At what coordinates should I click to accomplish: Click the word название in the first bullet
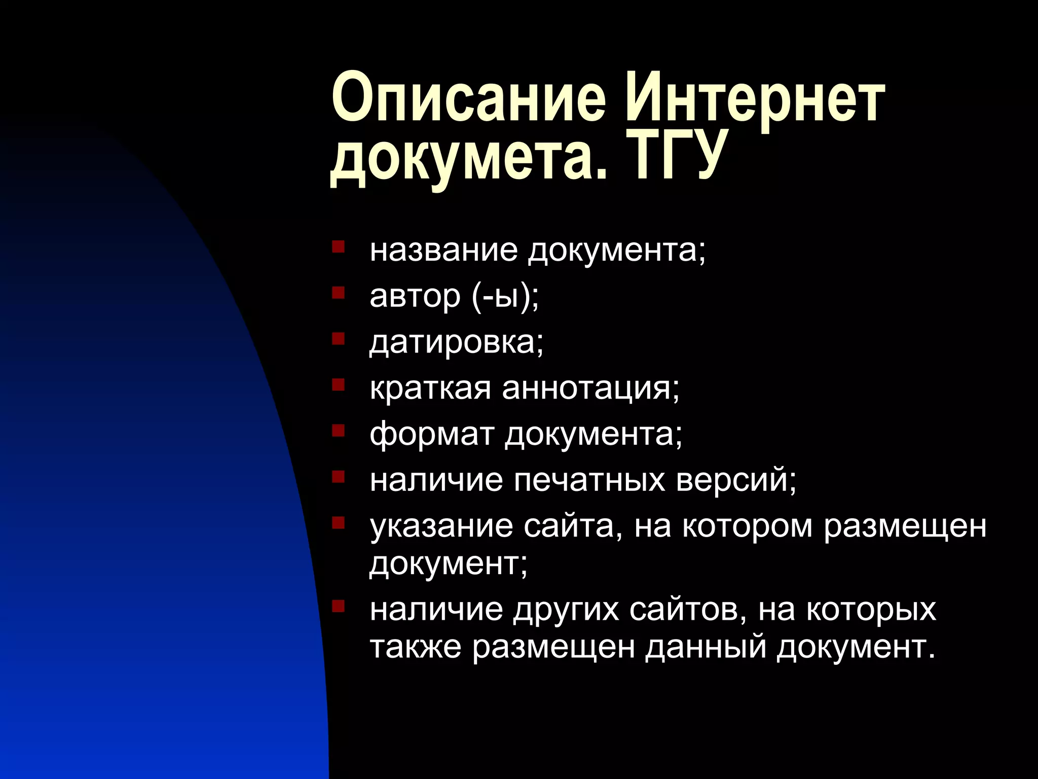coord(444,250)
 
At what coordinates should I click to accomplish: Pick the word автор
coord(415,296)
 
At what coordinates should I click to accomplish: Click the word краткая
coord(431,388)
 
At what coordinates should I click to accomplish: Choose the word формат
coord(432,435)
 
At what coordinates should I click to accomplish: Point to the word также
coord(416,647)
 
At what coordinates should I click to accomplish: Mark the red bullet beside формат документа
coord(338,431)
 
